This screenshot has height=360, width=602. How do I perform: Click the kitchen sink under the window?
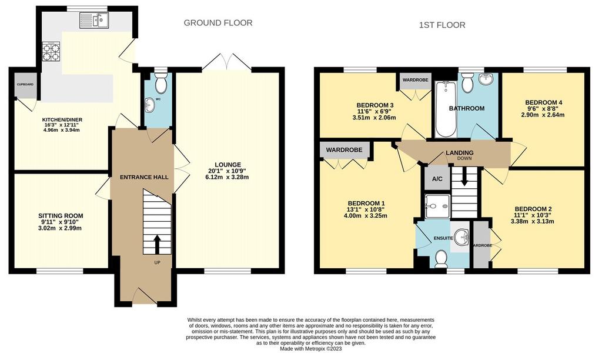pos(95,21)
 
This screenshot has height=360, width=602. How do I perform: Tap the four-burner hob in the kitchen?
pos(51,51)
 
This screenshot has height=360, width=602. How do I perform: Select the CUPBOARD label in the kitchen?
pos(25,84)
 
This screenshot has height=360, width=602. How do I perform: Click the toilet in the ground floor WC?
pos(161,83)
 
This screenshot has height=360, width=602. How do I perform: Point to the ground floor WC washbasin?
pos(149,104)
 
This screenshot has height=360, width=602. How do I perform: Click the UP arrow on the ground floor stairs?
pos(157,244)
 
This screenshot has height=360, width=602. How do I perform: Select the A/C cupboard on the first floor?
pos(437,179)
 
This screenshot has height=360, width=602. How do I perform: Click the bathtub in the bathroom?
pos(446,109)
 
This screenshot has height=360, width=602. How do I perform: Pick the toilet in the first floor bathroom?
pos(467,83)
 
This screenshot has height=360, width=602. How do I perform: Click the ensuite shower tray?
pos(437,206)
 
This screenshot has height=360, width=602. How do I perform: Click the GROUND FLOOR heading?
pos(218,23)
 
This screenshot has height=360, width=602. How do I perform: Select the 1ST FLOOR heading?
pos(442,25)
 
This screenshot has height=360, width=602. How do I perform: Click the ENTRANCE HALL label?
pos(145,177)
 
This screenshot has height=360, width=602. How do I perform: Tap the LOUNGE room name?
pos(228,165)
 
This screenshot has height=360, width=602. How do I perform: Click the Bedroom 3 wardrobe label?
pos(415,80)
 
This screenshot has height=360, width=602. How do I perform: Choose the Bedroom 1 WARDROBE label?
pos(344,150)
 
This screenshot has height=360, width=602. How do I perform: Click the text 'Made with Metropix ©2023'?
pos(311,349)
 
